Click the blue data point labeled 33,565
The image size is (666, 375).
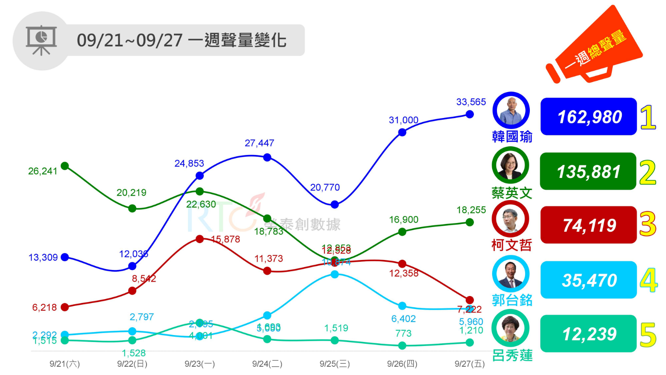470,115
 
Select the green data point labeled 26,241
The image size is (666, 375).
65,166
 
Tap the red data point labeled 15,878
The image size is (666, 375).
200,239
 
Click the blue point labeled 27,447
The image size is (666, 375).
267,158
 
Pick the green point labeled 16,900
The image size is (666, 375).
402,232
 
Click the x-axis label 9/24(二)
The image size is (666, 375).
267,364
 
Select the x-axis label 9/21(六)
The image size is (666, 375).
65,364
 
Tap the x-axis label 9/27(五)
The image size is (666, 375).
470,364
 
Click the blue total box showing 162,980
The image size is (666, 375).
589,117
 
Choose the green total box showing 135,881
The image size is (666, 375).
588,171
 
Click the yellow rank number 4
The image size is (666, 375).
648,280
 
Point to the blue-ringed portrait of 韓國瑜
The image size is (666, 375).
511,110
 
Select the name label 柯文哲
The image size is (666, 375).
512,246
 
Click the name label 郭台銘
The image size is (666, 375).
512,300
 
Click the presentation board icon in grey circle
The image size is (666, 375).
41,40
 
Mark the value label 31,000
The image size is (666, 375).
404,120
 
